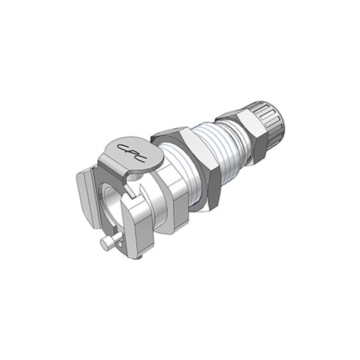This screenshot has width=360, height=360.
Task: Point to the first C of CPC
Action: point(122,147)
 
